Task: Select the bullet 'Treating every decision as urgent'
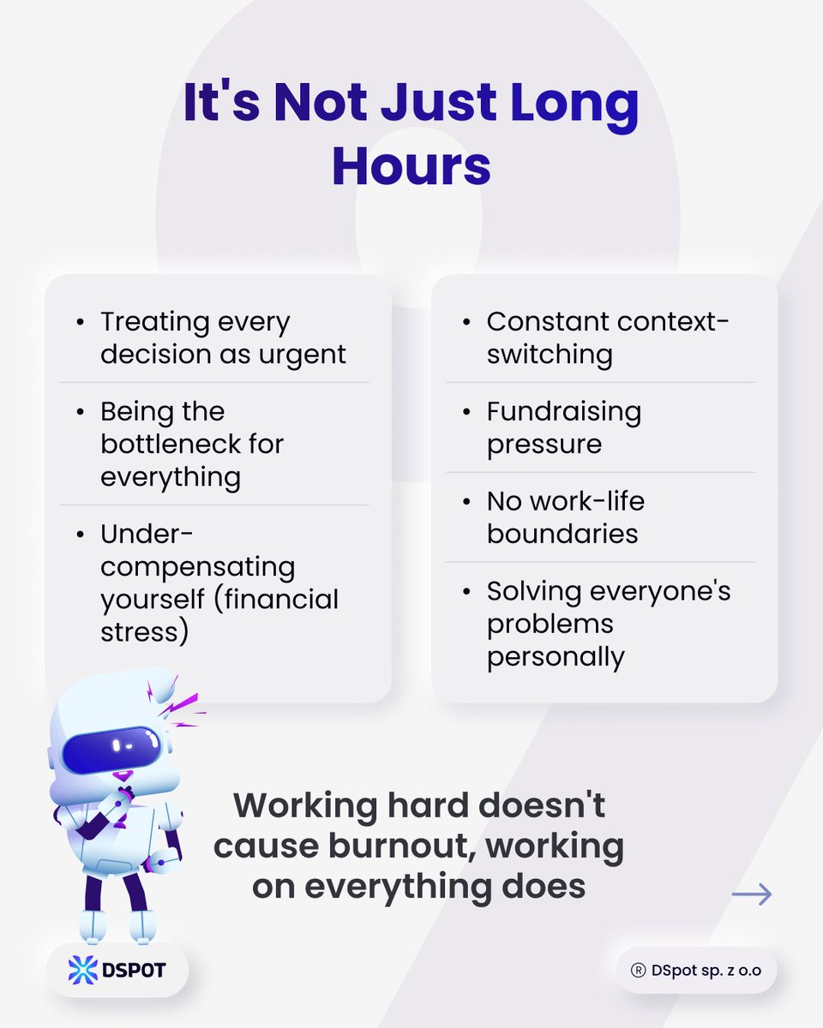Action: (223, 338)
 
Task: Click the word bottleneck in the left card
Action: (192, 444)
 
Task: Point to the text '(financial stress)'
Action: (219, 615)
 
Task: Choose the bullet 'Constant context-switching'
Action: (608, 338)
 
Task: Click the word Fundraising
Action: (563, 411)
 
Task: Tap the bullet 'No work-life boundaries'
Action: (565, 517)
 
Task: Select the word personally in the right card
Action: (556, 656)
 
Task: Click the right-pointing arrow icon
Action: (752, 894)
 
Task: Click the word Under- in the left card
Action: (147, 534)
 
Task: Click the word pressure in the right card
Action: (544, 444)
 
